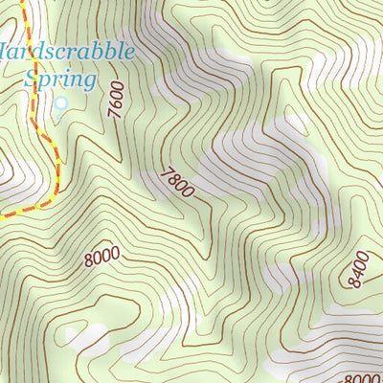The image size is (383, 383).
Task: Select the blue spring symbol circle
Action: coord(59,104)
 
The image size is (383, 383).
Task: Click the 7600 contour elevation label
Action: coord(116,100)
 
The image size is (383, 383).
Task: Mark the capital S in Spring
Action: coord(33,77)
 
